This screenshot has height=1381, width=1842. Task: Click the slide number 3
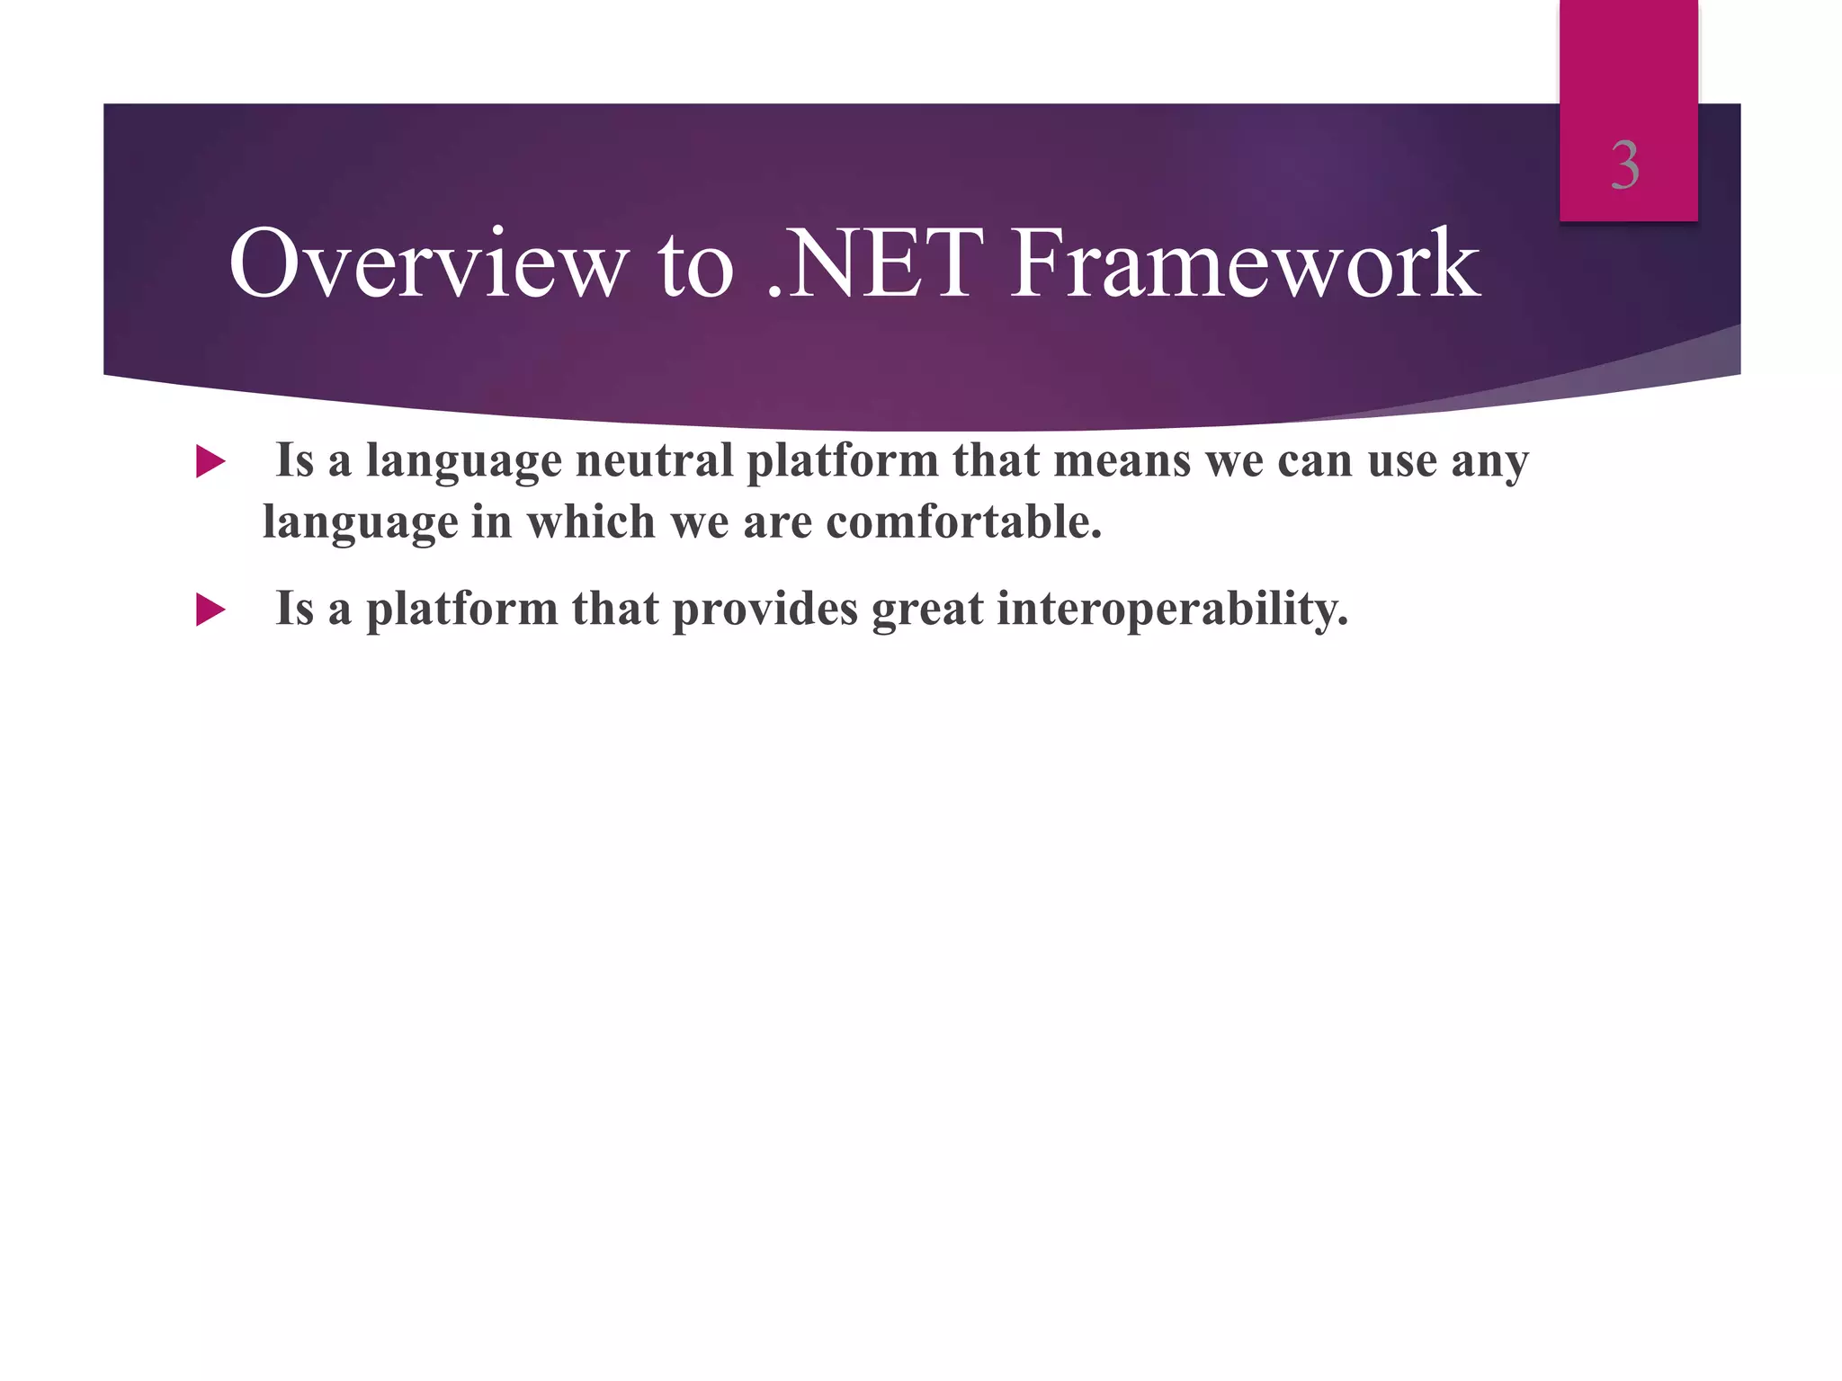(1625, 166)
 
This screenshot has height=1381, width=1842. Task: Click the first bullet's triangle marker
(210, 462)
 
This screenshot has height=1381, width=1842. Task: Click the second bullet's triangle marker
(210, 610)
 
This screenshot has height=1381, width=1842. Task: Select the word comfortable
(963, 522)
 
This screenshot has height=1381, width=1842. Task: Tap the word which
(591, 522)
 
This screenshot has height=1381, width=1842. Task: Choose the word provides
(765, 610)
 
